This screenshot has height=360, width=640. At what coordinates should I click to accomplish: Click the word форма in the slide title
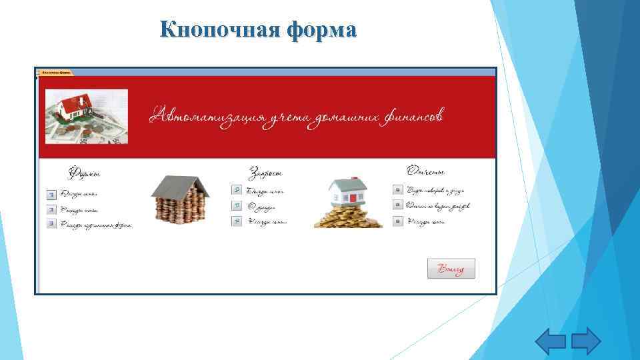point(322,30)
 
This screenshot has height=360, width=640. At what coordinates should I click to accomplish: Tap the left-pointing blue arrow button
point(551,342)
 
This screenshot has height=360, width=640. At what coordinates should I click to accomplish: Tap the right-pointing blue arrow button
point(586,342)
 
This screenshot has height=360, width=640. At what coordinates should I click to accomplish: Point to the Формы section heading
point(84,173)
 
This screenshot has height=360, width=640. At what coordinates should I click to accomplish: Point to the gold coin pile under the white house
point(348,217)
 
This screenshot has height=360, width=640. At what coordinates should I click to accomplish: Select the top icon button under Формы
point(51,195)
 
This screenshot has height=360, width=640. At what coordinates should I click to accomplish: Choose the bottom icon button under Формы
point(51,224)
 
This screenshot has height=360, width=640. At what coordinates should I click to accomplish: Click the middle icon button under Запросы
point(236,206)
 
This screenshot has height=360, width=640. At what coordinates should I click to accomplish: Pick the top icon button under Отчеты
point(397,190)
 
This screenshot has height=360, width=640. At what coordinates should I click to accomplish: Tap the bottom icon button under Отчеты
point(397,221)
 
